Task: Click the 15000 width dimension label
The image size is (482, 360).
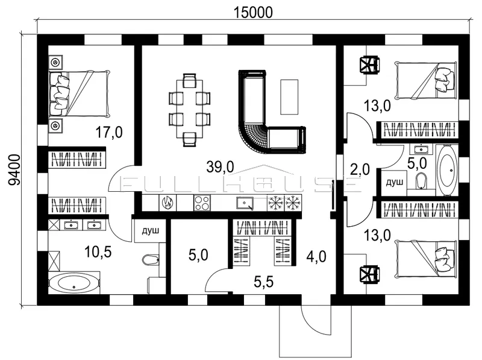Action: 253,13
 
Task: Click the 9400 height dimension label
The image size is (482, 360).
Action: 14,170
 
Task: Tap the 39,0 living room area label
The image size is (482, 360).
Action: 220,167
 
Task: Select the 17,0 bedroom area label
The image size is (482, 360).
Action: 109,133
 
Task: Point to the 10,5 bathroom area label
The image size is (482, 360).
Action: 98,252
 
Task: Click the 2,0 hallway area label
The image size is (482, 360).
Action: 360,169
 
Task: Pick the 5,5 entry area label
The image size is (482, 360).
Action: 264,282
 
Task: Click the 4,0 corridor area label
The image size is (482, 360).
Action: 316,256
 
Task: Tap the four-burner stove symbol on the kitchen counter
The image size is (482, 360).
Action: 202,203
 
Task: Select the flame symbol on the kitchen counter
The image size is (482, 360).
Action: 168,203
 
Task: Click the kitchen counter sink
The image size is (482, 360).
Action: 245,203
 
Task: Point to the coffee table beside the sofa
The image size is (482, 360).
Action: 289,96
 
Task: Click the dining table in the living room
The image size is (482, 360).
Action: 189,109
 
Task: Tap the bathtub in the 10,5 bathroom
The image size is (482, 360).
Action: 74,283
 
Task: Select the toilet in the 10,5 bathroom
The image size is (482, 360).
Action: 151,260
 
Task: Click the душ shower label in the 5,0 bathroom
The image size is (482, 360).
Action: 394,183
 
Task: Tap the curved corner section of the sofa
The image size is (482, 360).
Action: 253,137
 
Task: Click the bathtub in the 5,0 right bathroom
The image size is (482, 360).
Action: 447,170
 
